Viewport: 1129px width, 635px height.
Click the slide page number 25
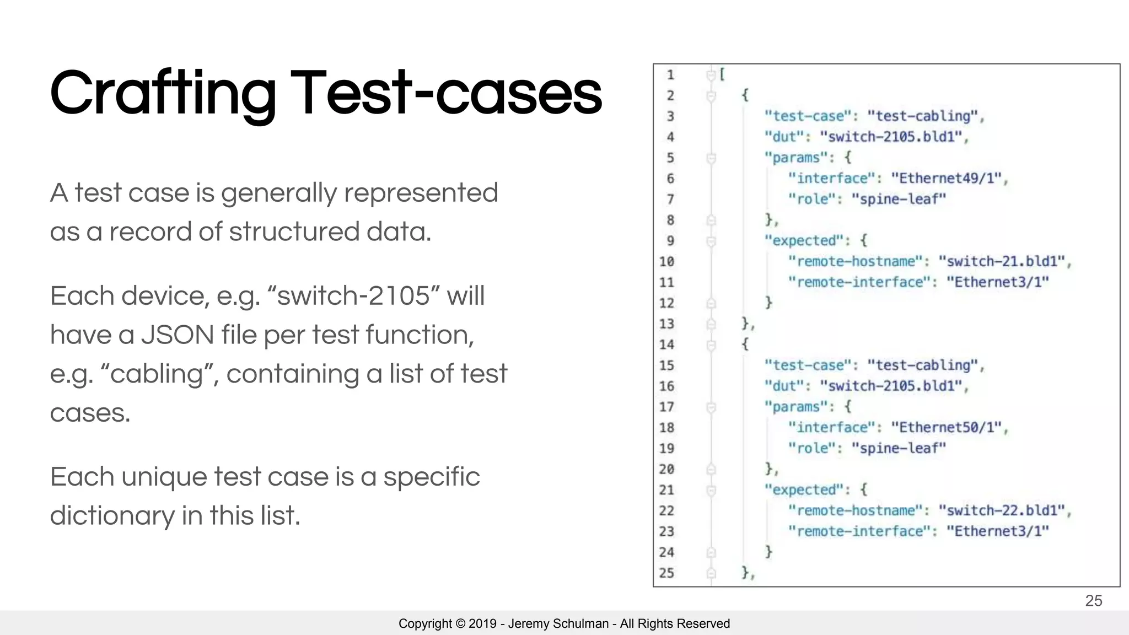1093,601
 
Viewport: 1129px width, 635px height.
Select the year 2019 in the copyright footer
482,623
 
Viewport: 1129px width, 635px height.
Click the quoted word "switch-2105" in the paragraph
352,296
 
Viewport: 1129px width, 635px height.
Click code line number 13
666,324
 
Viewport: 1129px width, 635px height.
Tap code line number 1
670,75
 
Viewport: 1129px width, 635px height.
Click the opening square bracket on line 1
722,74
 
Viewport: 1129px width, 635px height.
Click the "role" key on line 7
813,199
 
